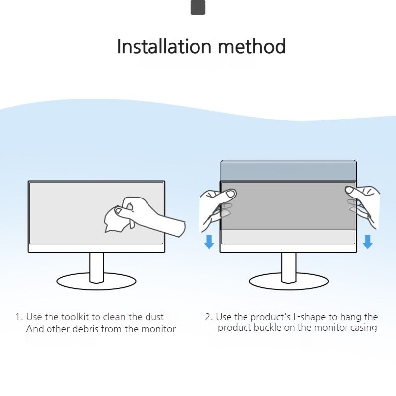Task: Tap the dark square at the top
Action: [198, 8]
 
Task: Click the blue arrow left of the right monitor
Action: [209, 242]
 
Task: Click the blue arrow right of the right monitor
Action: [367, 242]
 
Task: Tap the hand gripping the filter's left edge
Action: [215, 205]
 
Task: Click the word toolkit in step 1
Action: [79, 317]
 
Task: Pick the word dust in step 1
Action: [153, 317]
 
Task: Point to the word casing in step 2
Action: [362, 328]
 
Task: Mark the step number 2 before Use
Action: [208, 317]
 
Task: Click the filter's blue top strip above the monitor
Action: [289, 170]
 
